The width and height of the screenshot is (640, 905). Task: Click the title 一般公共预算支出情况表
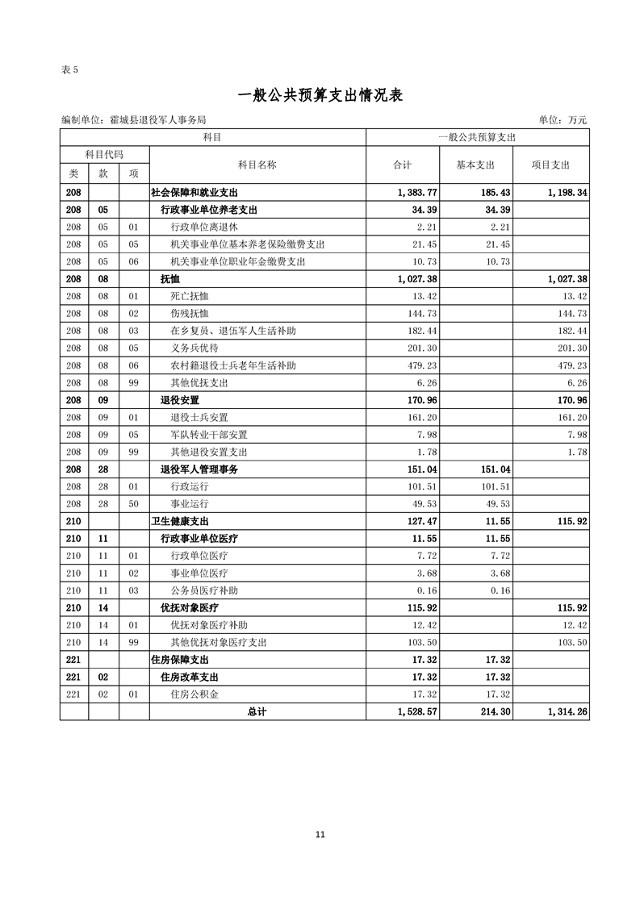tap(320, 95)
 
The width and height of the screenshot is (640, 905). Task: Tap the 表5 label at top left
tap(69, 69)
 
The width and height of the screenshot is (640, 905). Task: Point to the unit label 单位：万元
tap(562, 120)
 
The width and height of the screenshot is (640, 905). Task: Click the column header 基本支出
tap(475, 165)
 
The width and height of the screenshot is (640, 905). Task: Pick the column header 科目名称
tap(257, 165)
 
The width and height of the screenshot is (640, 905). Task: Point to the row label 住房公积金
tap(195, 694)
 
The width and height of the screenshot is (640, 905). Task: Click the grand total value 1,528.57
tap(417, 711)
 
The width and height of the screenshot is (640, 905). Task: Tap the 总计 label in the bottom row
tap(257, 711)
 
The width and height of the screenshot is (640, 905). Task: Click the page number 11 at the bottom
tap(320, 835)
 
